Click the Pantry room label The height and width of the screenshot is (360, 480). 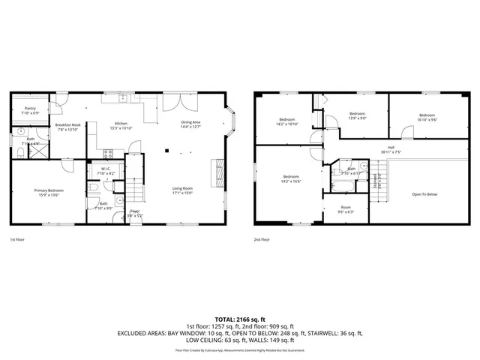pos(30,109)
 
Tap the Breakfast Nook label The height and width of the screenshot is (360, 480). pos(67,126)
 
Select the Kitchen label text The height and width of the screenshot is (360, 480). pos(120,124)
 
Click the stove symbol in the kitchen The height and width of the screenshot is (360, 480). pos(107,154)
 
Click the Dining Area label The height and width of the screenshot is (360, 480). pos(190,122)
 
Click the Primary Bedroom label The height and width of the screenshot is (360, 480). pos(49,191)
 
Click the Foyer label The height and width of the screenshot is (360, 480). pos(135,211)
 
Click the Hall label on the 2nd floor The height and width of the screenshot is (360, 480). pos(391,148)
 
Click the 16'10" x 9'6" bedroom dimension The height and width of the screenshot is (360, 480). pos(427,119)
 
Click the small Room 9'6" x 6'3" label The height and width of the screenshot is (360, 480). pos(345,208)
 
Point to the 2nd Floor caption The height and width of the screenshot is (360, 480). pos(262,239)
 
